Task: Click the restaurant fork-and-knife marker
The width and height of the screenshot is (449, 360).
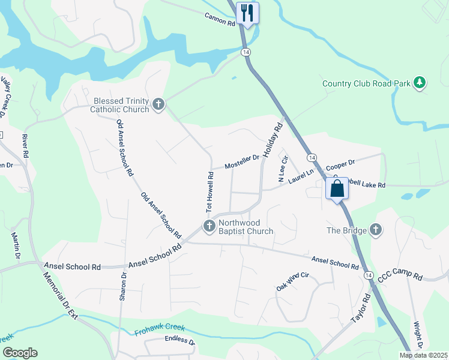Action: [x=247, y=13]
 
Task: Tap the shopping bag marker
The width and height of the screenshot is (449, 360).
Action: [x=337, y=188]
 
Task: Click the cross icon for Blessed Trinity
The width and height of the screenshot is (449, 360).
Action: [x=158, y=105]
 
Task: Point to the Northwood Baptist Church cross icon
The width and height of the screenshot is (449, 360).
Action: [x=209, y=226]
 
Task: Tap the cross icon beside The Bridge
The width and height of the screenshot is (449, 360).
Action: [x=375, y=230]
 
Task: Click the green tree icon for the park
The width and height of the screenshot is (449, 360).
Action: [x=420, y=83]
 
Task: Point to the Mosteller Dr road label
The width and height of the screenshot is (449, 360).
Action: [x=242, y=161]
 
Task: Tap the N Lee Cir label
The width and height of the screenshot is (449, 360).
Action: [x=283, y=169]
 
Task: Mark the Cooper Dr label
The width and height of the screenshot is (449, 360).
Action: [x=340, y=165]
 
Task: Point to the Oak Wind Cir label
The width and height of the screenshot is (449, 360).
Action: [x=292, y=281]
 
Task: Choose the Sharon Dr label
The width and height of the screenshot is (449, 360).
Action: [x=124, y=287]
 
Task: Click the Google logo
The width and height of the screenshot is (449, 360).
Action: [x=20, y=353]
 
